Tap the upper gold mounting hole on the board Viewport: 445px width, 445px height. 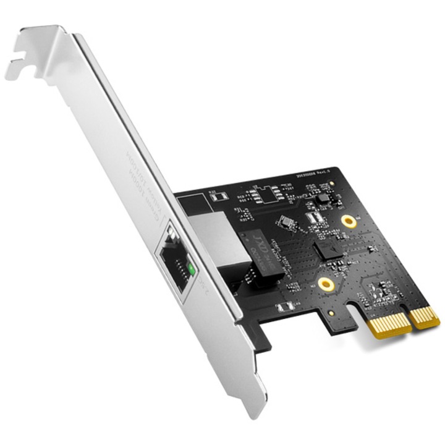[x=350, y=221]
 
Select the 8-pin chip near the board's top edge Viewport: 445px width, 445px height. [x=271, y=194]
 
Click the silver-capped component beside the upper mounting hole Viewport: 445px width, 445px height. [x=314, y=218]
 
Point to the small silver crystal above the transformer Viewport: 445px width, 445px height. [x=286, y=221]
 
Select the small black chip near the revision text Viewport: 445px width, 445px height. [x=321, y=198]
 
